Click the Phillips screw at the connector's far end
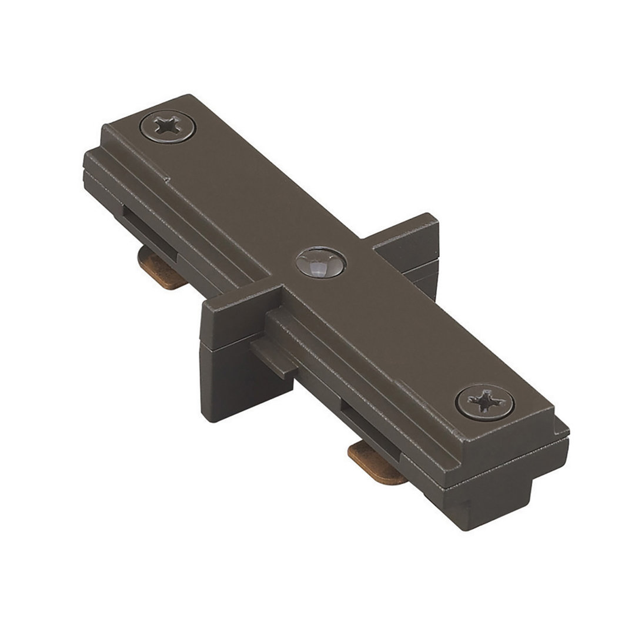point(169,126)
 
